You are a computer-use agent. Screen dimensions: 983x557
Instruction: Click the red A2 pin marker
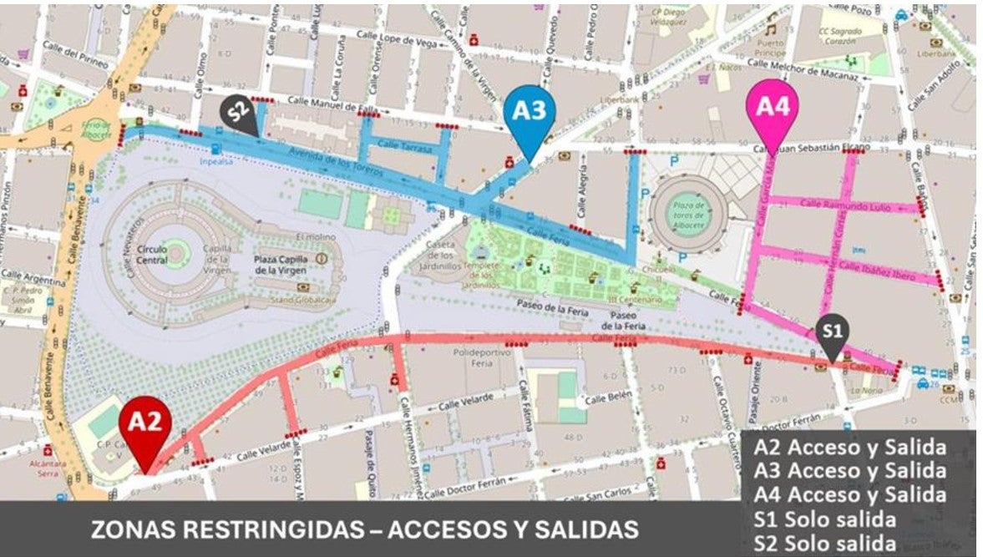(144, 423)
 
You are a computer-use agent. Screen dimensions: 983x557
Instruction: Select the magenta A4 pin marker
(772, 108)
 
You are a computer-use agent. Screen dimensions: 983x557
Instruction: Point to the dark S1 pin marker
(832, 332)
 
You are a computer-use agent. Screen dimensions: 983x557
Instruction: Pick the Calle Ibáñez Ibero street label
(876, 271)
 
